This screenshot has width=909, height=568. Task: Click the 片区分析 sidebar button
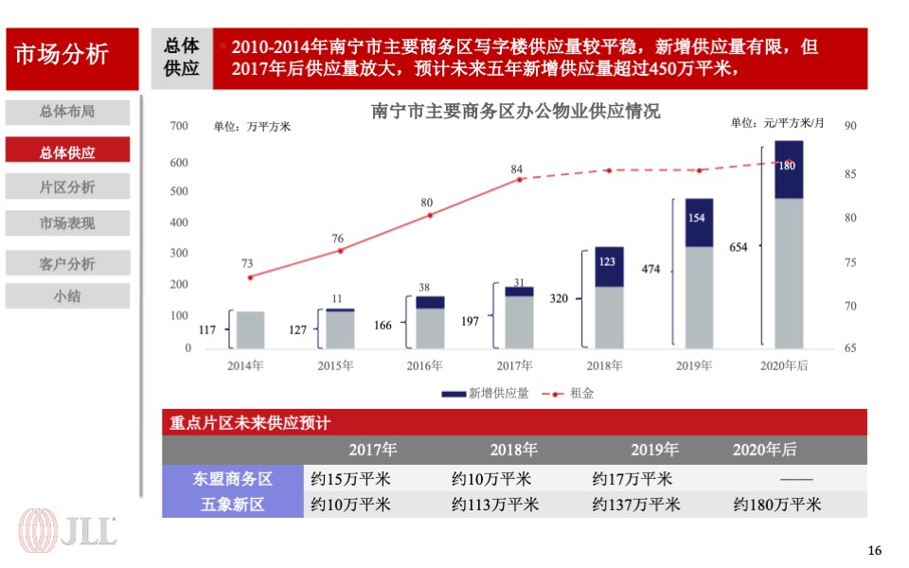(x=67, y=186)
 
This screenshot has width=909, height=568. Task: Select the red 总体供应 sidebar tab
(x=67, y=151)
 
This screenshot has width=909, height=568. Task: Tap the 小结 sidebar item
(x=67, y=296)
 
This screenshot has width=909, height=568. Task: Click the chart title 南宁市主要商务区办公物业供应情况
(x=516, y=111)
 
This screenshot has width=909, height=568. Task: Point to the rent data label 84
(x=517, y=169)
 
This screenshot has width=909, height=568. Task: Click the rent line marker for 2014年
(x=250, y=277)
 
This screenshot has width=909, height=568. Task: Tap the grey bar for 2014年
(x=250, y=329)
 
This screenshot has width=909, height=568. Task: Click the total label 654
(x=739, y=248)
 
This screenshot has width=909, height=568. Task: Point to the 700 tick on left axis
(x=181, y=126)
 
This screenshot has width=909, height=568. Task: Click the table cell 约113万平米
(x=494, y=505)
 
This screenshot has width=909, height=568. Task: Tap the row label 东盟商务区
(x=233, y=479)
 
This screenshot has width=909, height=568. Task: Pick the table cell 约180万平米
(x=776, y=505)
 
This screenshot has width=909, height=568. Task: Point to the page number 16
(x=874, y=551)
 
